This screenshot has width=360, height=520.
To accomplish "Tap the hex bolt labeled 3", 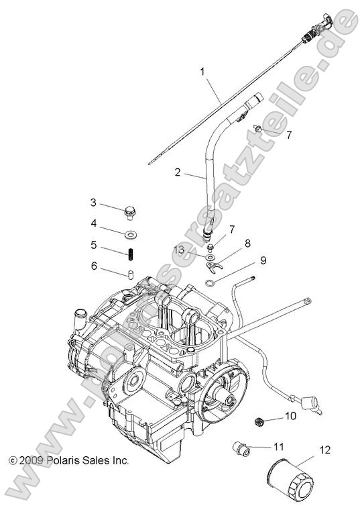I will (129, 212).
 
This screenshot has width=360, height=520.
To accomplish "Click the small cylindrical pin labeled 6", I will (131, 274).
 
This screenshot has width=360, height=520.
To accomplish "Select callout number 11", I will (278, 446).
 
